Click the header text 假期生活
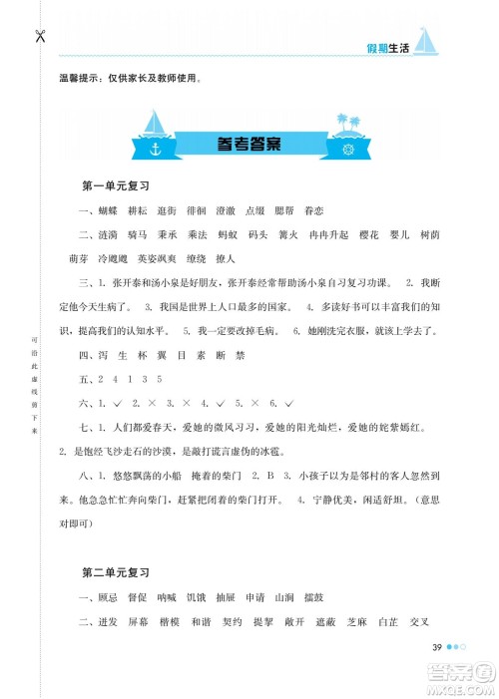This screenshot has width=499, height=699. (x=385, y=51)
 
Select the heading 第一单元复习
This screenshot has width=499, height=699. (x=115, y=186)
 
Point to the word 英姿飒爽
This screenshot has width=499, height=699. (x=202, y=258)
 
